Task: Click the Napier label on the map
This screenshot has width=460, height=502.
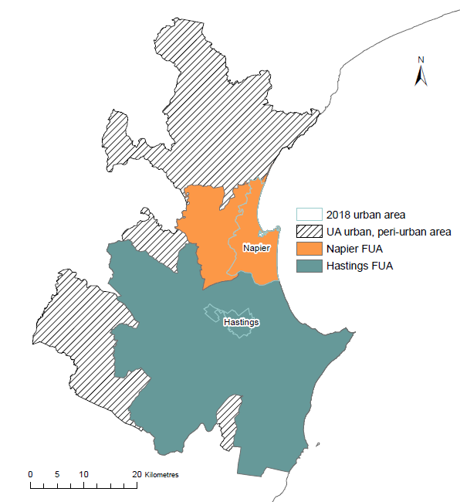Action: [x=255, y=248]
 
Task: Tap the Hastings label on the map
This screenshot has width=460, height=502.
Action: [x=240, y=322]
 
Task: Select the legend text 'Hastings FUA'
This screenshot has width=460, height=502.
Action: [x=357, y=266]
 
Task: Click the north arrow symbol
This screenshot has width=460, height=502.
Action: [x=421, y=76]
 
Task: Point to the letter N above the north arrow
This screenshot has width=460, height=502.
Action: [x=421, y=59]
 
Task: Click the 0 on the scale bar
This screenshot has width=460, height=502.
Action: [x=30, y=473]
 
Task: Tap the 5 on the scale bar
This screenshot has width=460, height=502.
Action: [x=57, y=473]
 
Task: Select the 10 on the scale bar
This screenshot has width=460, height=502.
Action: [x=83, y=473]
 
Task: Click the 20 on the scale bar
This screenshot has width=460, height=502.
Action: [x=137, y=473]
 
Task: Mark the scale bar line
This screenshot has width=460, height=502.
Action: [x=83, y=487]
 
